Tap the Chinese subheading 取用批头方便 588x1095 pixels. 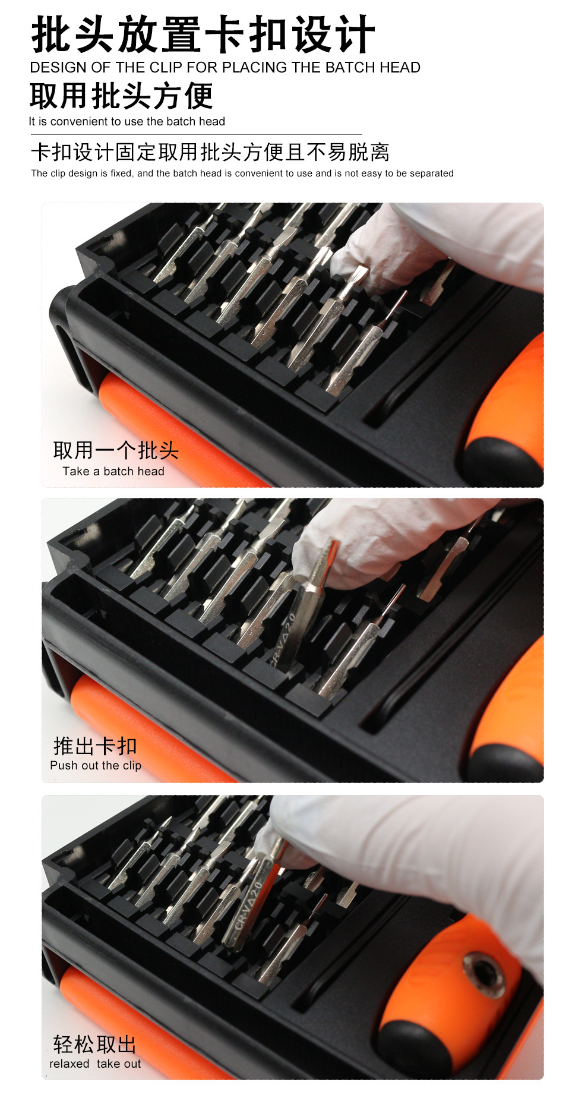[121, 96]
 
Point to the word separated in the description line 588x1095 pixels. [431, 173]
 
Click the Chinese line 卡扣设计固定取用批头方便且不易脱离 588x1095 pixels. [210, 152]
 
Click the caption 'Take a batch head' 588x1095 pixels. [113, 471]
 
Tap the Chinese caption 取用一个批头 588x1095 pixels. [116, 450]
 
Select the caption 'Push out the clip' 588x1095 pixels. [96, 765]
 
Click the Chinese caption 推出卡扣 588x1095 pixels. [95, 746]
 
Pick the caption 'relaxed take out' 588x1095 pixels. [95, 1064]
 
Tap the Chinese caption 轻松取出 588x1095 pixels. [94, 1044]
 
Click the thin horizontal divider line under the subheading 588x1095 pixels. [196, 135]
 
